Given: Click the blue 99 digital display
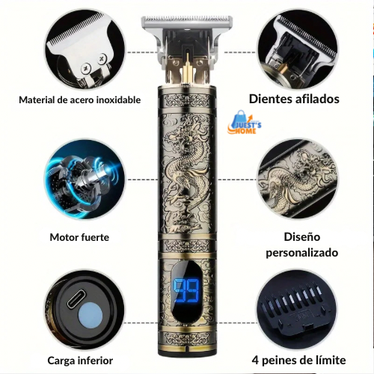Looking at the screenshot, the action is tap(186, 290).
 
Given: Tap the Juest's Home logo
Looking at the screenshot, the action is tap(245, 122).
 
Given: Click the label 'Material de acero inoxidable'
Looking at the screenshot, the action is tap(80, 100).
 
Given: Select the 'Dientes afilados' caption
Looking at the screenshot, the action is tap(294, 99).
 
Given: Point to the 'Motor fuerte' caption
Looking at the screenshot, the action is tap(79, 237).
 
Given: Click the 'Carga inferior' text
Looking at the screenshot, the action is tap(80, 361).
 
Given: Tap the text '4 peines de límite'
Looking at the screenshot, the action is tap(298, 361).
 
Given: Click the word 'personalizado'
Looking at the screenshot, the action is tap(302, 253).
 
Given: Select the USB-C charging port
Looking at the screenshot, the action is tap(76, 299).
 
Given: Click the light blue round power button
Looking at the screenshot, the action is tap(91, 316).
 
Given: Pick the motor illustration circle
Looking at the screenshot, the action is tap(85, 180).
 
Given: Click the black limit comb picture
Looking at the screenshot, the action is tap(297, 310).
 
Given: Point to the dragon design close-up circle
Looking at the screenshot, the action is tap(297, 179).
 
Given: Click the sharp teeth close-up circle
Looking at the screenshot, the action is tap(297, 50).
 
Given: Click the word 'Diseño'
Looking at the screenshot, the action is tap(302, 237).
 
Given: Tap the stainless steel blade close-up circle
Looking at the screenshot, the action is tap(85, 50).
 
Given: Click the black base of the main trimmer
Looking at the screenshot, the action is tap(187, 352).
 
